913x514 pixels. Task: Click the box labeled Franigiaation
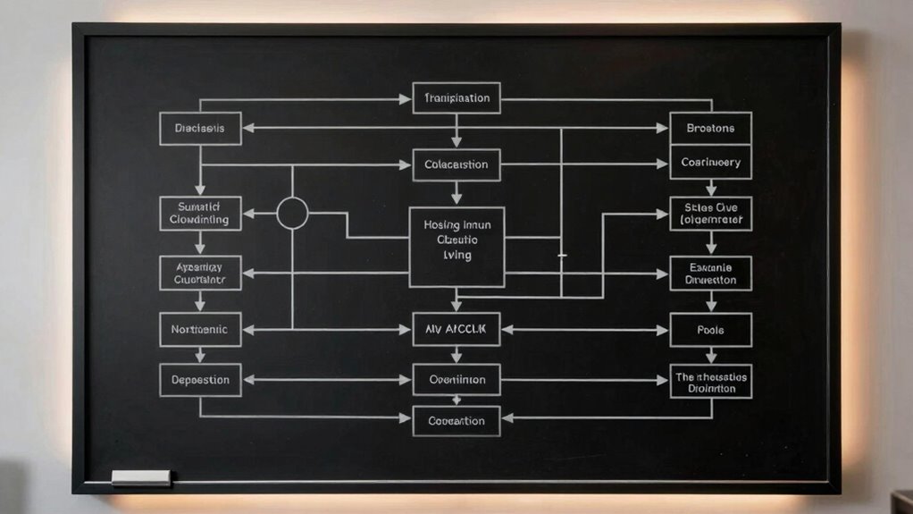click(456, 98)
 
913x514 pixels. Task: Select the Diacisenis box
click(200, 129)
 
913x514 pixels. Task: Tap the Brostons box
click(710, 129)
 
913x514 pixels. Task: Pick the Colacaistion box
click(456, 164)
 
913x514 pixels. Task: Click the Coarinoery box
click(710, 163)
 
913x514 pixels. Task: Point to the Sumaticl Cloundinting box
click(200, 214)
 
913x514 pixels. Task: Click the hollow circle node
click(292, 214)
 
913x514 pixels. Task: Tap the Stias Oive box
click(710, 214)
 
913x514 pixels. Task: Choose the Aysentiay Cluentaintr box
click(200, 274)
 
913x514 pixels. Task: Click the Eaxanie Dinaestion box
click(710, 274)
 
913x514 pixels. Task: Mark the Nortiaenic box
click(200, 330)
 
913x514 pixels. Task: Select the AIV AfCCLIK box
click(456, 330)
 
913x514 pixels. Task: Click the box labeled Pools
click(710, 330)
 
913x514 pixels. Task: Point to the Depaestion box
click(200, 380)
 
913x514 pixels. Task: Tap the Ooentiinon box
click(456, 380)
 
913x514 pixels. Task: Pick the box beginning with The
click(710, 382)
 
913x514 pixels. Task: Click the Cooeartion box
click(456, 421)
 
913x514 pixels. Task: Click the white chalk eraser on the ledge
click(141, 477)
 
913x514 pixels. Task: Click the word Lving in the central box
click(456, 256)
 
